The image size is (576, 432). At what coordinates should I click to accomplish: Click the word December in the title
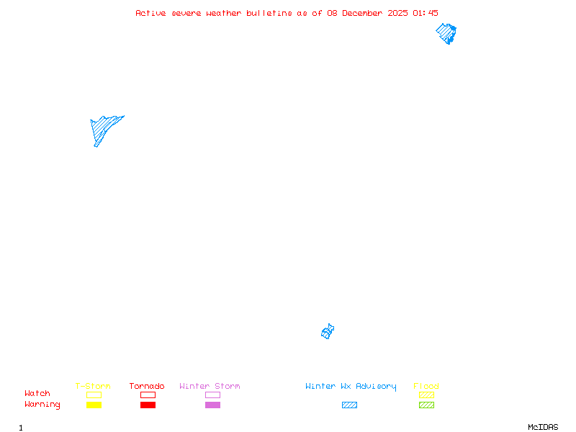click(362, 13)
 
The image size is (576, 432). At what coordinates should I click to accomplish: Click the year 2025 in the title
click(397, 13)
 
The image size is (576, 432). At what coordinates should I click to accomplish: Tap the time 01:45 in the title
click(426, 13)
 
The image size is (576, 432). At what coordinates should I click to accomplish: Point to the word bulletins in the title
click(269, 13)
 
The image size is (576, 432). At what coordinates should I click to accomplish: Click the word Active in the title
click(150, 13)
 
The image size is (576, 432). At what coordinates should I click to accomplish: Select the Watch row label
click(37, 393)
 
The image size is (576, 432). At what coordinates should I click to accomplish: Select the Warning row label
click(42, 405)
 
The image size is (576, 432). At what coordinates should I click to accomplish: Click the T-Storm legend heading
click(93, 386)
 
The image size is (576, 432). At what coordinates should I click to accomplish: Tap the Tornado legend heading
click(147, 386)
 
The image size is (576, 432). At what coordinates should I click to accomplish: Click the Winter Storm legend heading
click(210, 386)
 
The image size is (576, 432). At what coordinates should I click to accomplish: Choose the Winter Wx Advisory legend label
click(351, 387)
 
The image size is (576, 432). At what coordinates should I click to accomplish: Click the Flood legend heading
click(426, 386)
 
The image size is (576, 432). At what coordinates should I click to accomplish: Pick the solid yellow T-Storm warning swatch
click(94, 405)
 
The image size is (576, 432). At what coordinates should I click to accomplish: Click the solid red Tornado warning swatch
click(148, 405)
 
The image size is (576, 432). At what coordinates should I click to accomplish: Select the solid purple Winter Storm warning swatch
click(212, 405)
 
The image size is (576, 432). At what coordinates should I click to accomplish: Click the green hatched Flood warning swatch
click(426, 405)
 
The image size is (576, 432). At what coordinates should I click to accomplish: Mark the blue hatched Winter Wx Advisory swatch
click(349, 405)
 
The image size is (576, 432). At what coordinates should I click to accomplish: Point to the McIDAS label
click(543, 427)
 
